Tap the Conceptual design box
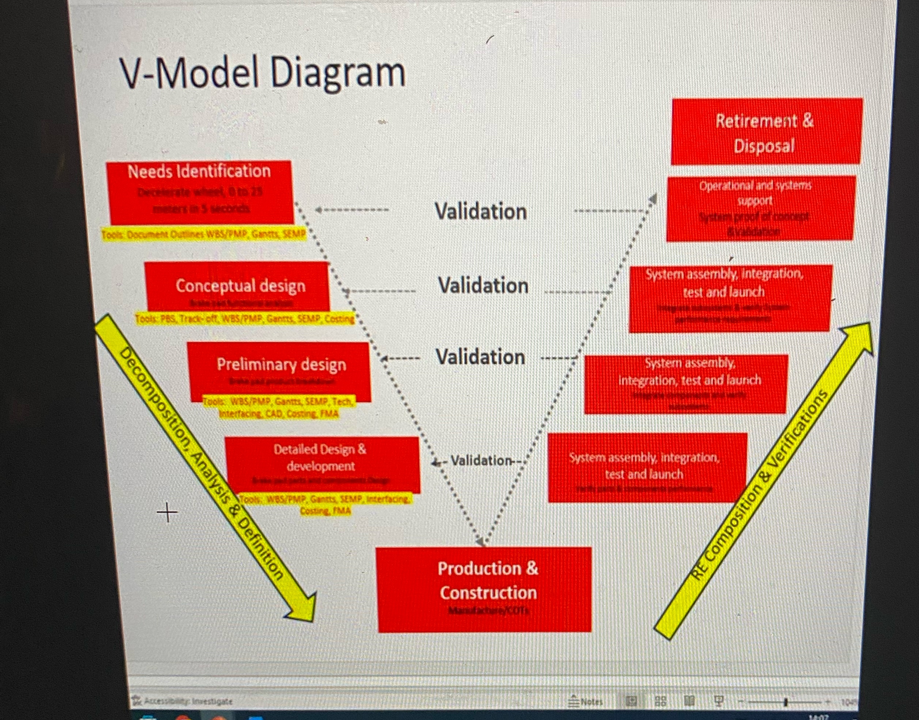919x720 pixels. click(x=238, y=287)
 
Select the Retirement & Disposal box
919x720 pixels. click(x=765, y=132)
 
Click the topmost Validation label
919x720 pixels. click(x=481, y=211)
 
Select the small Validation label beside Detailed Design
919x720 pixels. click(x=481, y=460)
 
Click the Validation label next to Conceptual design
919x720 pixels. click(x=483, y=285)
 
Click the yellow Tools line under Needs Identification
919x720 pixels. click(x=204, y=235)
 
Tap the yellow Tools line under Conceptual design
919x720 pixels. click(x=244, y=319)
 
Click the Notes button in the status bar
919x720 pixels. click(x=586, y=701)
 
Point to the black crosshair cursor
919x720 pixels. click(x=167, y=513)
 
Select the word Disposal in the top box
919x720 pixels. click(x=764, y=146)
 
